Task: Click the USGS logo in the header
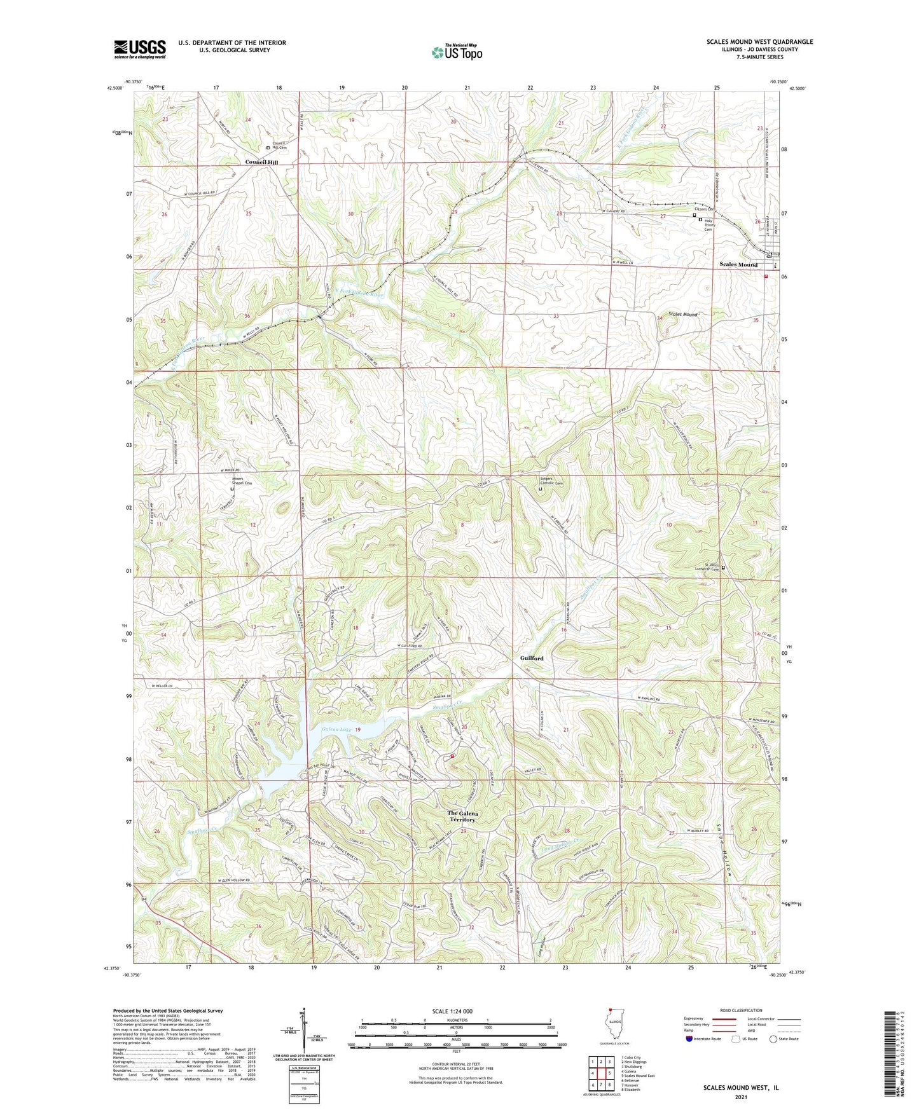coord(139,48)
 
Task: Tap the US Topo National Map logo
coord(456,51)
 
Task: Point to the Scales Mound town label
coord(738,264)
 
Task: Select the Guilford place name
coord(531,659)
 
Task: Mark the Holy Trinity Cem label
coord(710,225)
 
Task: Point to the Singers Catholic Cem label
coord(551,481)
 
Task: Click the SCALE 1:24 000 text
coord(456,1011)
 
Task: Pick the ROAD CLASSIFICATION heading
coord(742,1010)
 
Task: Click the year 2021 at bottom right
coord(740,1097)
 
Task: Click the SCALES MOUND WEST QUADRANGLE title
coord(759,42)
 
